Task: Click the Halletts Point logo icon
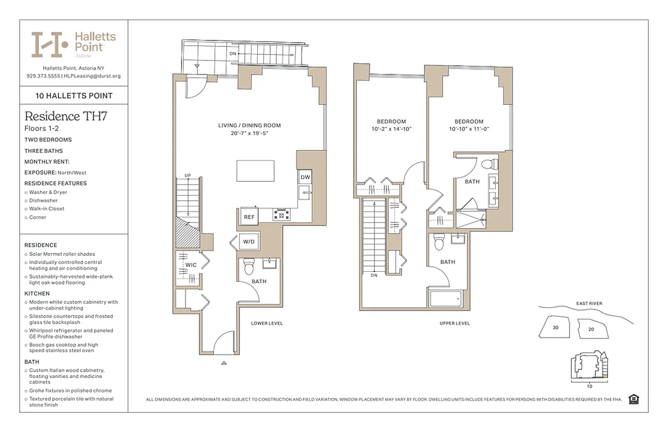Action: (49, 45)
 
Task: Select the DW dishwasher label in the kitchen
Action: (304, 177)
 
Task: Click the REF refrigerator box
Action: (249, 217)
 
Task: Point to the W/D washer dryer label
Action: (249, 241)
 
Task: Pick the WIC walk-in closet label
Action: (191, 265)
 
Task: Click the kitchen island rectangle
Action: (255, 171)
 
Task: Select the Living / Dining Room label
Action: (249, 125)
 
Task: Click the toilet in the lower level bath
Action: (249, 267)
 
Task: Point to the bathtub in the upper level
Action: (445, 298)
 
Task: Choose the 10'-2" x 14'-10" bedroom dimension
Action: (392, 130)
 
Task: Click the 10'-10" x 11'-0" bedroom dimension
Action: (469, 130)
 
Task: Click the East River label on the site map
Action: (589, 303)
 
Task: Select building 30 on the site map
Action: (556, 327)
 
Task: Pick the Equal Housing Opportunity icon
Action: (633, 399)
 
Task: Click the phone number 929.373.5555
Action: (43, 76)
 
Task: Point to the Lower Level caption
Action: (267, 323)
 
